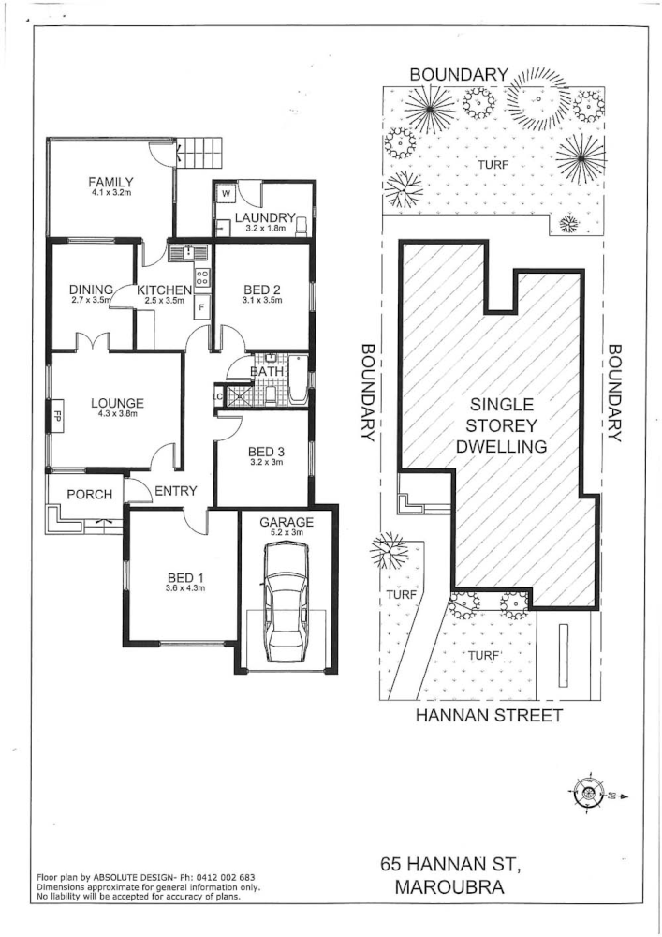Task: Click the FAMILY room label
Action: click(x=111, y=182)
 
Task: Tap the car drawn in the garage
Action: click(x=286, y=603)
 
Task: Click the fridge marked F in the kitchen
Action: click(x=199, y=306)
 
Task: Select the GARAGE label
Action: click(x=287, y=522)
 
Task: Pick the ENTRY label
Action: click(x=174, y=491)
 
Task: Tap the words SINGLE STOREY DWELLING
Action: click(x=501, y=425)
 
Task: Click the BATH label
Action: click(x=266, y=373)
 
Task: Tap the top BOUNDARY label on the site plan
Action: click(x=459, y=75)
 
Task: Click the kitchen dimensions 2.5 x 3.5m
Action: click(x=165, y=302)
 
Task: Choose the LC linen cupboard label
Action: click(x=218, y=396)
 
